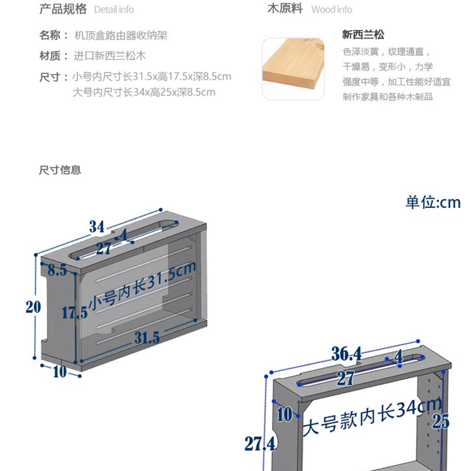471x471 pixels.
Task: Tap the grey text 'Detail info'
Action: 114,9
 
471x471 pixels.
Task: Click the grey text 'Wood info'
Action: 331,9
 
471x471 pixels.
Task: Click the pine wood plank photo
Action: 293,69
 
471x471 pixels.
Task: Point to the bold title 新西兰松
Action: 363,35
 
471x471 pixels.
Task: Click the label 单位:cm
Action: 433,203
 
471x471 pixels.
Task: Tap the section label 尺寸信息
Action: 60,170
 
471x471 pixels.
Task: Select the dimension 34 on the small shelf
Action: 97,226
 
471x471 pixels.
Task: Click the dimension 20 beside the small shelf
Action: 33,306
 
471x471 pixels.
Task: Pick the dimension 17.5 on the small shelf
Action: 75,313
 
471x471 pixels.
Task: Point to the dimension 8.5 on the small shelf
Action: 57,271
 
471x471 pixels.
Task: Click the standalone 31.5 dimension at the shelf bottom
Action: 147,338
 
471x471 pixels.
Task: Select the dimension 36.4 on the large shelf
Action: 346,354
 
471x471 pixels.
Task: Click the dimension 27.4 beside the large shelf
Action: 261,443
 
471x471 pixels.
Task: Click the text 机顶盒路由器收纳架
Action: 121,35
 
